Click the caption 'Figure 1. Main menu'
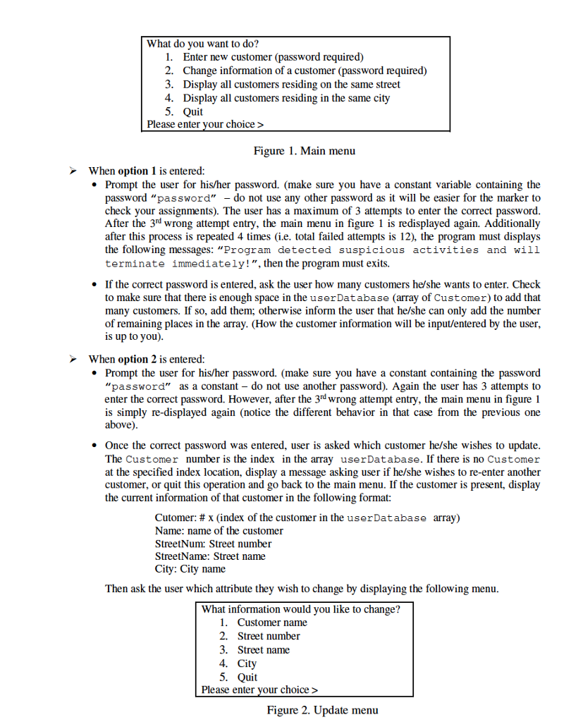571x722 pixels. [304, 150]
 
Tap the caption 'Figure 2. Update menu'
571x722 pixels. [322, 709]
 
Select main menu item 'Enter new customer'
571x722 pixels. [273, 56]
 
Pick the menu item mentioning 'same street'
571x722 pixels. [291, 84]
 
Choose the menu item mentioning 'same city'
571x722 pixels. [286, 98]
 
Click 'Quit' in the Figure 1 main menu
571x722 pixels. [192, 111]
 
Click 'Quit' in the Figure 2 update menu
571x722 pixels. [247, 677]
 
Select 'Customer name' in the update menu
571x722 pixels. [271, 623]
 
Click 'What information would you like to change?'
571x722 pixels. [300, 609]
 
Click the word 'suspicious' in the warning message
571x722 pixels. [372, 250]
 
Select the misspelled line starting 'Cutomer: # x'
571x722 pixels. [307, 518]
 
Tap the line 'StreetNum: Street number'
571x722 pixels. [213, 544]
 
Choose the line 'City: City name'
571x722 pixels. [190, 569]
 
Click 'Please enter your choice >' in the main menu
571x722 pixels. [204, 125]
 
